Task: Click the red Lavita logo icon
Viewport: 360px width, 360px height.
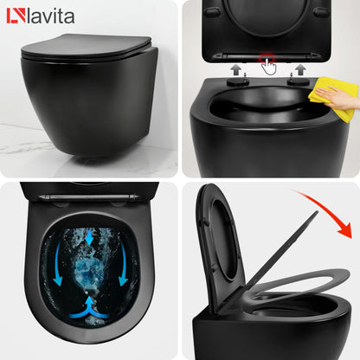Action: pyautogui.click(x=13, y=15)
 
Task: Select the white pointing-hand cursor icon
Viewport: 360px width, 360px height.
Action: pyautogui.click(x=270, y=67)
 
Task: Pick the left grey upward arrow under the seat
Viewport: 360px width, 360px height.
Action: pyautogui.click(x=235, y=67)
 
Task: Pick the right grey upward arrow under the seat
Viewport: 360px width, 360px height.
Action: pyautogui.click(x=300, y=67)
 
